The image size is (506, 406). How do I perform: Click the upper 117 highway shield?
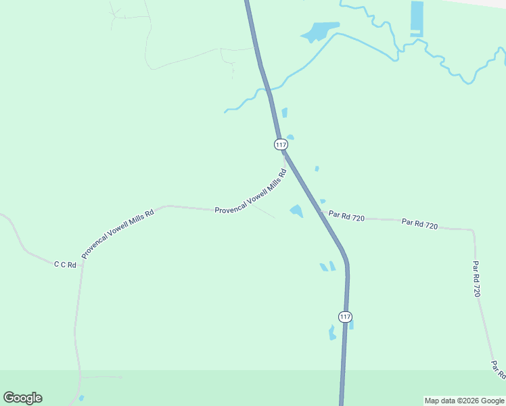tap(281, 144)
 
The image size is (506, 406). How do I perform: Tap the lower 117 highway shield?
tap(345, 317)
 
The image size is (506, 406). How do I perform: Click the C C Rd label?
tap(65, 265)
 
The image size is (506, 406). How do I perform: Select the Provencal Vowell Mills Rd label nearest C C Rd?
tap(118, 233)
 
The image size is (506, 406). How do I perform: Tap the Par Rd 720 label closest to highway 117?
tap(346, 216)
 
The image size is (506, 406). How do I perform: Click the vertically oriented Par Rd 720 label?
tap(477, 279)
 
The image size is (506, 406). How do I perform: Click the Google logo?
tap(22, 397)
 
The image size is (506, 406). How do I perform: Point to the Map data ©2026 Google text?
tap(465, 401)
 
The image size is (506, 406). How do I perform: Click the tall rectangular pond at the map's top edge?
tap(417, 18)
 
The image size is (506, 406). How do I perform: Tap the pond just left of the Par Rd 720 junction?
tap(296, 211)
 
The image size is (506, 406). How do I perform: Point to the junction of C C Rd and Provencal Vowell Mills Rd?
tap(82, 265)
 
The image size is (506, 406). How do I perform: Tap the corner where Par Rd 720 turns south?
tap(473, 231)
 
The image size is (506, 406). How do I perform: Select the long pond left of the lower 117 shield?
tap(332, 332)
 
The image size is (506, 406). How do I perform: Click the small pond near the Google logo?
tap(81, 398)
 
